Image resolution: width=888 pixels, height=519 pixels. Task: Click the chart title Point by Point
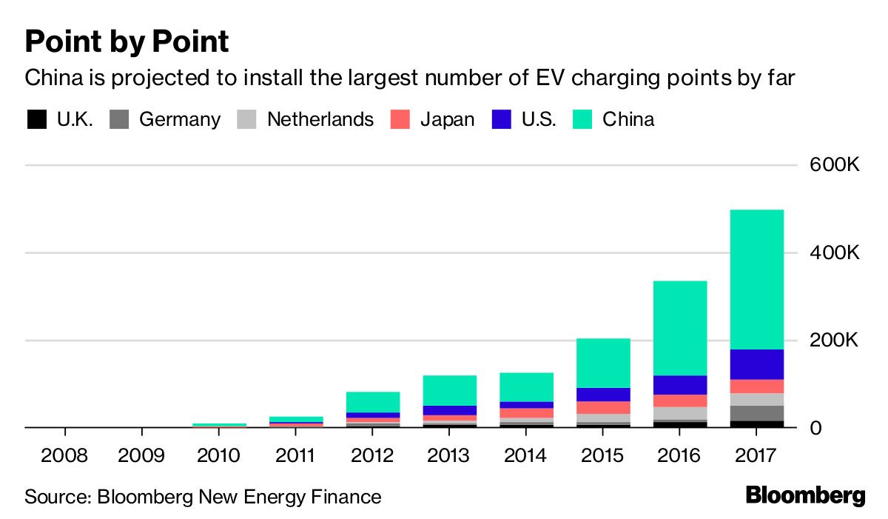127,42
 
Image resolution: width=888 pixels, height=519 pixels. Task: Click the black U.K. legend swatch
36,119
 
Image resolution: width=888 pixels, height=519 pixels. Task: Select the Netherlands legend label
320,119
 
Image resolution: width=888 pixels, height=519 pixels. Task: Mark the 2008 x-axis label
64,455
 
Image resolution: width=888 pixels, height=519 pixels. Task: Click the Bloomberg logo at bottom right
805,495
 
